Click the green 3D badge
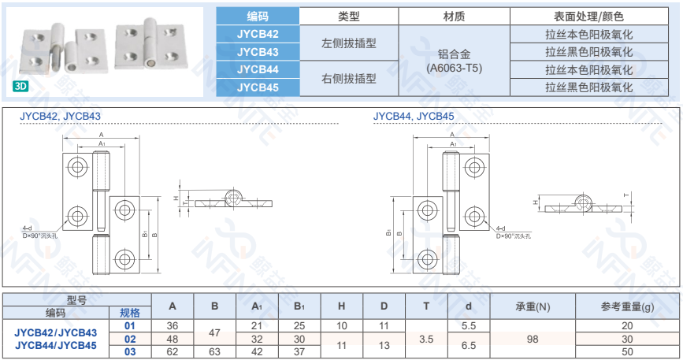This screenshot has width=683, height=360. (x=20, y=86)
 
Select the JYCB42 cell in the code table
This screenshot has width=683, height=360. (x=258, y=34)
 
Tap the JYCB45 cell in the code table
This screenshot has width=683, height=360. (x=258, y=87)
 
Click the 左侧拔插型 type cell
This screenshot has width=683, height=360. (x=349, y=43)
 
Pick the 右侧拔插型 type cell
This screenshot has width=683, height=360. (x=349, y=79)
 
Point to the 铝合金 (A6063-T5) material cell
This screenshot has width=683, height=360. (x=455, y=61)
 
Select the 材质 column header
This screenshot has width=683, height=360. (x=455, y=17)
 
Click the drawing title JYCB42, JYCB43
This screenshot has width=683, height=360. (x=60, y=115)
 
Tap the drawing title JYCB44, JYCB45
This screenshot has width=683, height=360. (x=414, y=115)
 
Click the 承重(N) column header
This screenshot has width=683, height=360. (x=533, y=306)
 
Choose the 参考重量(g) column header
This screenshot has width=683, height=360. (x=627, y=306)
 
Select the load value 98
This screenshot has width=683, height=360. (x=533, y=339)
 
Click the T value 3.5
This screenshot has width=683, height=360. (x=426, y=339)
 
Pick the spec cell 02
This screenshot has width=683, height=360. (x=130, y=339)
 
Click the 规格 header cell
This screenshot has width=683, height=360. (x=130, y=313)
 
